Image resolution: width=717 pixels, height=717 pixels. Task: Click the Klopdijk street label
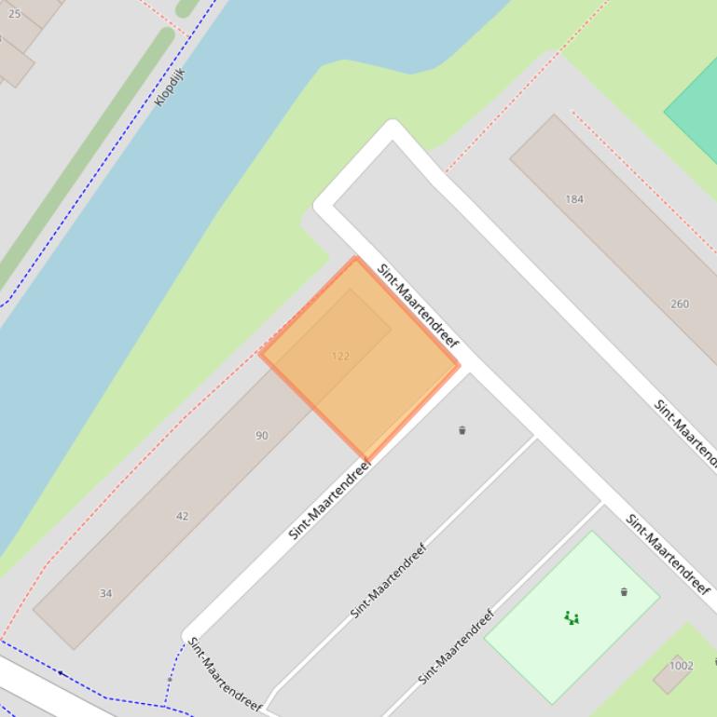click(171, 87)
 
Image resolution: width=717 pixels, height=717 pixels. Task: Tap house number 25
click(14, 14)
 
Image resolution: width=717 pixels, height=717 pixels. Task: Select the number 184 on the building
click(574, 198)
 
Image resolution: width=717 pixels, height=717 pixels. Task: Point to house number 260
click(680, 304)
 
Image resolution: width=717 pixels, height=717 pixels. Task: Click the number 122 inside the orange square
click(340, 356)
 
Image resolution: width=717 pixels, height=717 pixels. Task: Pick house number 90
click(261, 435)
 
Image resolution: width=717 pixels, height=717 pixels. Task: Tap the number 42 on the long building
click(182, 515)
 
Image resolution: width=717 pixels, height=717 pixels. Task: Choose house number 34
click(105, 593)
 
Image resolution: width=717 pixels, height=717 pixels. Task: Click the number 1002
click(682, 665)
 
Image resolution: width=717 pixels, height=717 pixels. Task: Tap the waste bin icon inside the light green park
click(624, 591)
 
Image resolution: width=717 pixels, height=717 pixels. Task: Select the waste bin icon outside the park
click(462, 430)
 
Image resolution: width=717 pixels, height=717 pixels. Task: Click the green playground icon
click(572, 617)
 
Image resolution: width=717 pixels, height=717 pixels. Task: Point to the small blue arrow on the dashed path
click(61, 672)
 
